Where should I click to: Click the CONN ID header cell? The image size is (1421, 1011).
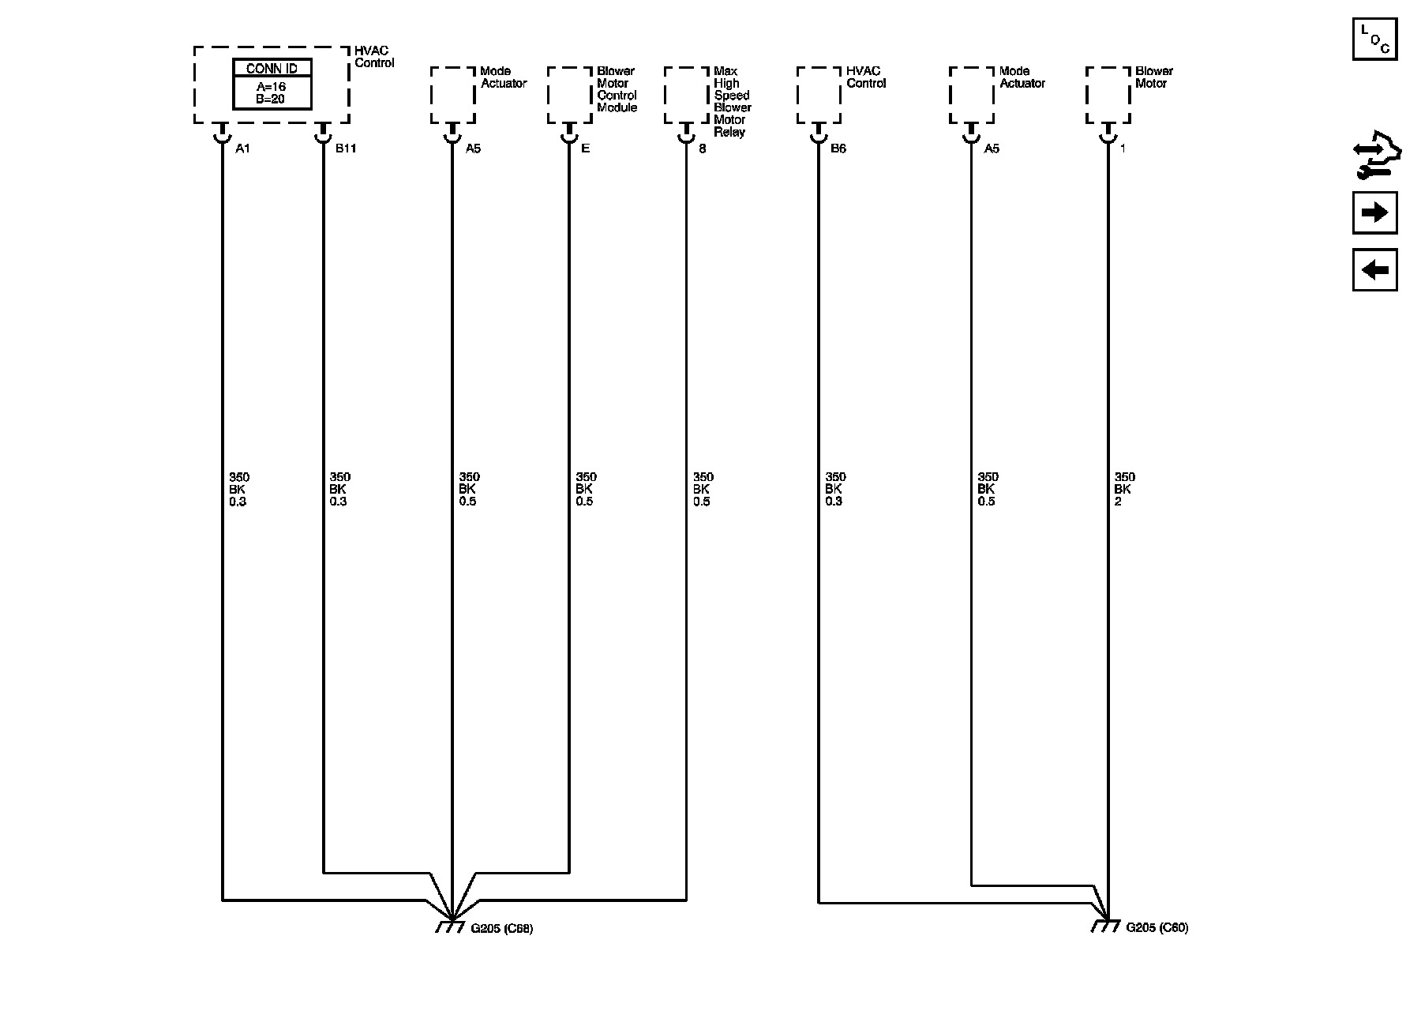click(272, 69)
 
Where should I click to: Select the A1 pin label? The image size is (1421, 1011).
click(242, 148)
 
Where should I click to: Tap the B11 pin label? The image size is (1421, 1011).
click(346, 148)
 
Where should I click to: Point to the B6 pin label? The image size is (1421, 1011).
click(838, 148)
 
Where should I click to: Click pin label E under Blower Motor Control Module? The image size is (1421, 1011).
click(586, 148)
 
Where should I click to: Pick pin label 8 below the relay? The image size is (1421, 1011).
click(703, 148)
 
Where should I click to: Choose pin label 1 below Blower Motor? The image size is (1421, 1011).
click(1123, 148)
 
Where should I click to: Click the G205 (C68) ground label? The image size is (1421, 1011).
click(501, 929)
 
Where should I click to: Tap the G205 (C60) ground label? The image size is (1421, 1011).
click(1157, 928)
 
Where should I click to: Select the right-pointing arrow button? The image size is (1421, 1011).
click(1374, 212)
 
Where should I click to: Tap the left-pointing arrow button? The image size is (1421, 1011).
click(1374, 270)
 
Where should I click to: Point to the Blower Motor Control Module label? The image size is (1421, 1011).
click(617, 89)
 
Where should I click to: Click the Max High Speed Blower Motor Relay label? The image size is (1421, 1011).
click(732, 102)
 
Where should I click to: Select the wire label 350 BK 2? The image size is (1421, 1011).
click(1124, 489)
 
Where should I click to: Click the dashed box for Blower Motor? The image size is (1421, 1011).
click(1108, 95)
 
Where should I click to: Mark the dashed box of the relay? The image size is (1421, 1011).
click(686, 95)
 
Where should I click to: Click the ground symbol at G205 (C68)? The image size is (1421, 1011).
click(450, 926)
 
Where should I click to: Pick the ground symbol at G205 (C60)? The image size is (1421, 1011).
click(1105, 926)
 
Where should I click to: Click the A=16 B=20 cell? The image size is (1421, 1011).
click(272, 93)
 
